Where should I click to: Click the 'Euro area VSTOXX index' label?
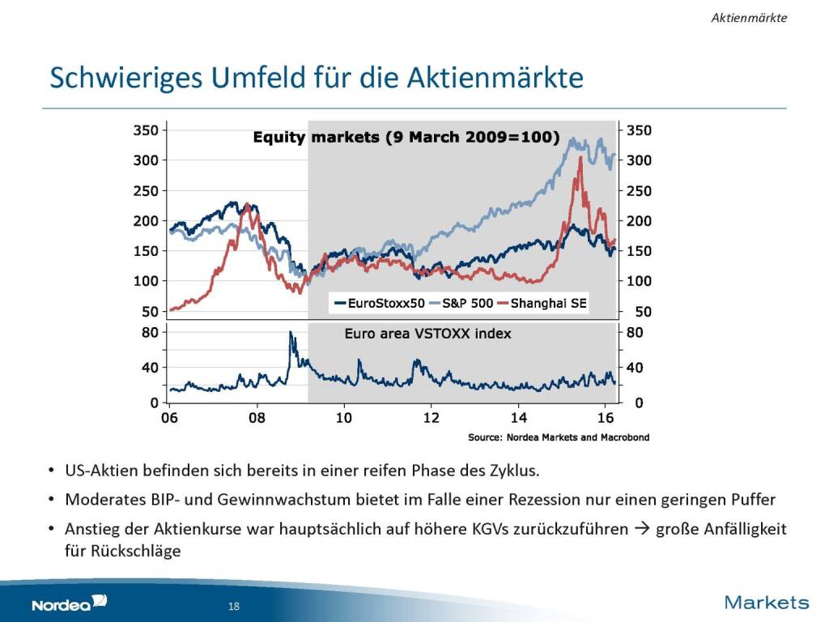pyautogui.click(x=427, y=333)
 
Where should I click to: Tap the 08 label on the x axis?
pyautogui.click(x=257, y=418)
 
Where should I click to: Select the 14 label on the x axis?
pyautogui.click(x=518, y=418)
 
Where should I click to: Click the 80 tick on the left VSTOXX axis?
pyautogui.click(x=151, y=331)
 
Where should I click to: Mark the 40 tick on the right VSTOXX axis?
pyautogui.click(x=634, y=367)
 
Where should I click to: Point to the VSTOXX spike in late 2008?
pyautogui.click(x=291, y=333)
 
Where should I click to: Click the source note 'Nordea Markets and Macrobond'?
pyautogui.click(x=559, y=437)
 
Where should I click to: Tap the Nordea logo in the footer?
pyautogui.click(x=69, y=603)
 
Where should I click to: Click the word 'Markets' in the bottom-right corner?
pyautogui.click(x=766, y=602)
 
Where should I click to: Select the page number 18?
pyautogui.click(x=234, y=607)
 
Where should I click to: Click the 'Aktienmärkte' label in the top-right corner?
pyautogui.click(x=749, y=17)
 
